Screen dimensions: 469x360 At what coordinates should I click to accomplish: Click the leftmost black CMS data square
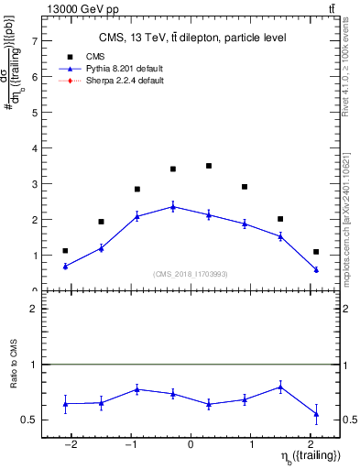point(65,250)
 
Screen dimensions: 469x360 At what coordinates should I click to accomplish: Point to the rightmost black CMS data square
point(316,252)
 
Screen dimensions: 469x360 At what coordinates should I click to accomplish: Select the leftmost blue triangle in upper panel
point(65,266)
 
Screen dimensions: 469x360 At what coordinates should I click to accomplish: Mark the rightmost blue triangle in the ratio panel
point(316,414)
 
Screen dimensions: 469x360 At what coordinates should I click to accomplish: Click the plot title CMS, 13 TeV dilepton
point(192,38)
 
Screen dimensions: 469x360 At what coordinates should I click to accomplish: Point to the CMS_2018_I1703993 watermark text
point(191,274)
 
